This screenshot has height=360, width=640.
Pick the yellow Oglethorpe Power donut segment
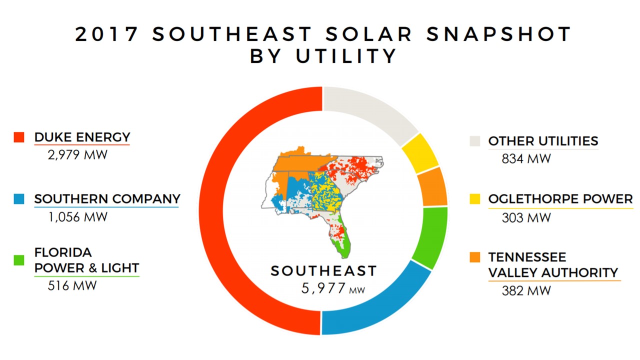tap(420, 153)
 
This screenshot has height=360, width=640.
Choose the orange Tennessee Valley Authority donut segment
tap(432, 187)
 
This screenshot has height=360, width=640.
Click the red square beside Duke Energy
tap(19, 137)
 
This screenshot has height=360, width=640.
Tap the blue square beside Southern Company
tap(19, 199)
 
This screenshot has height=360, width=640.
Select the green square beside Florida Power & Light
tap(19, 260)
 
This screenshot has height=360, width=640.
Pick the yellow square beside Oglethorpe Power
tap(475, 199)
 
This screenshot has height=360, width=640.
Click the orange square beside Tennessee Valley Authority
tap(475, 257)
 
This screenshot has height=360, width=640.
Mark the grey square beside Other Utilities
tap(475, 141)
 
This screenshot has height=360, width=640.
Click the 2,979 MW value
tap(77, 155)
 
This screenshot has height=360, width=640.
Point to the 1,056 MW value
tap(77, 217)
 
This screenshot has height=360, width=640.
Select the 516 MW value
tap(72, 285)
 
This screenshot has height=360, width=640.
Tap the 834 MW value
tap(526, 159)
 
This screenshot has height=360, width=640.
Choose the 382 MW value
tap(526, 291)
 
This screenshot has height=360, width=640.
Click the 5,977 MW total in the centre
tap(333, 288)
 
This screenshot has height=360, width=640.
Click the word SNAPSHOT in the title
tap(499, 34)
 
